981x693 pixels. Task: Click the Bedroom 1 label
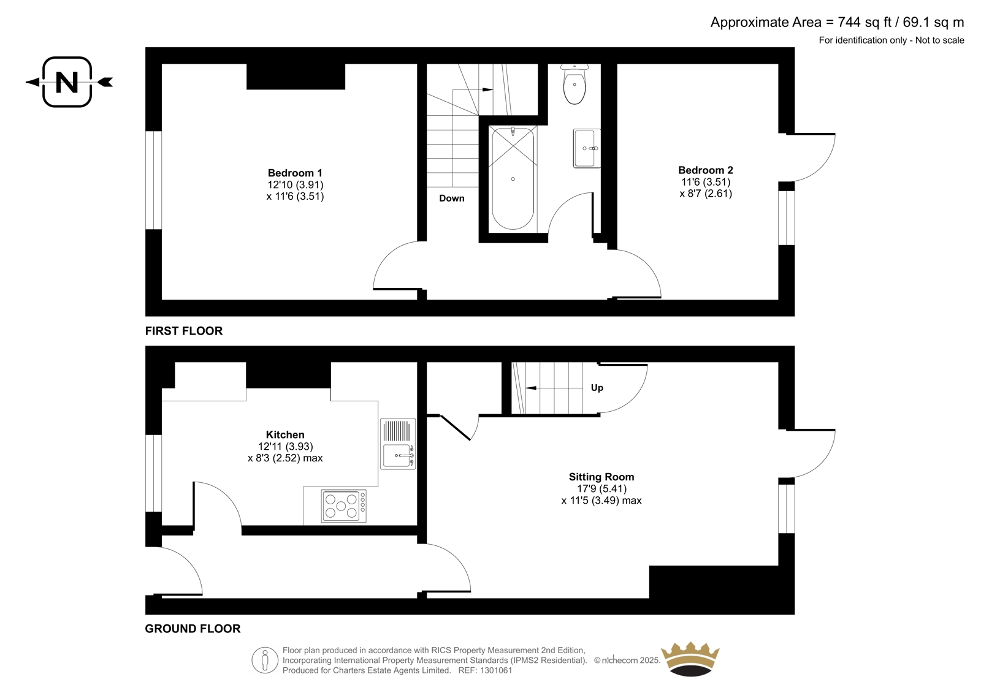coord(295,173)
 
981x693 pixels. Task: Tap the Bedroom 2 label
coord(706,170)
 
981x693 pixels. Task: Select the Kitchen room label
coord(285,434)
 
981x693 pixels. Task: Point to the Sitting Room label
coord(601,477)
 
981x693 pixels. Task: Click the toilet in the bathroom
coord(574,84)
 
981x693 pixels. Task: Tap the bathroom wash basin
coord(586,148)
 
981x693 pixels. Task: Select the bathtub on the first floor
coord(513,178)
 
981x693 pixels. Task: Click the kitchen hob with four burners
coord(344,506)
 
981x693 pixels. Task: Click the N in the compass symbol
coord(67,82)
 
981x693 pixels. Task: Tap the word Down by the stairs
coord(451,199)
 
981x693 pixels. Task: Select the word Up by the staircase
coord(597,388)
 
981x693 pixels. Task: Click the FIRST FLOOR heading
coord(184,331)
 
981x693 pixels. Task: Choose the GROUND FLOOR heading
coord(193,629)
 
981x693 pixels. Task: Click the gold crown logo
coord(690,659)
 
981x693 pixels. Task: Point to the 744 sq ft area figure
coord(865,22)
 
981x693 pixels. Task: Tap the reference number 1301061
coord(495,670)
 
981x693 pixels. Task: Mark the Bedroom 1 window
coord(154,180)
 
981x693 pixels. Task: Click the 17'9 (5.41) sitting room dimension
coord(601,488)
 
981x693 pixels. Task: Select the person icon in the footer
coord(265,660)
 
